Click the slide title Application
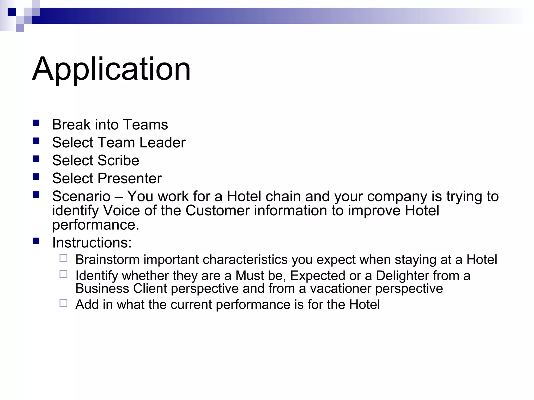pyautogui.click(x=112, y=69)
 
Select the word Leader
pyautogui.click(x=162, y=142)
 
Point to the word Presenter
pyautogui.click(x=130, y=178)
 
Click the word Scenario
pyautogui.click(x=81, y=196)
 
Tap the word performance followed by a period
pyautogui.click(x=95, y=225)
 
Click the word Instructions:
pyautogui.click(x=92, y=243)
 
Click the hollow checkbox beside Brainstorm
pyautogui.click(x=63, y=258)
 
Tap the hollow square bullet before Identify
pyautogui.click(x=63, y=274)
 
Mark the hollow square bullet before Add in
pyautogui.click(x=63, y=303)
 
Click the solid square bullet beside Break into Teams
pyautogui.click(x=36, y=123)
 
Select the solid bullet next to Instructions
pyautogui.click(x=36, y=241)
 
